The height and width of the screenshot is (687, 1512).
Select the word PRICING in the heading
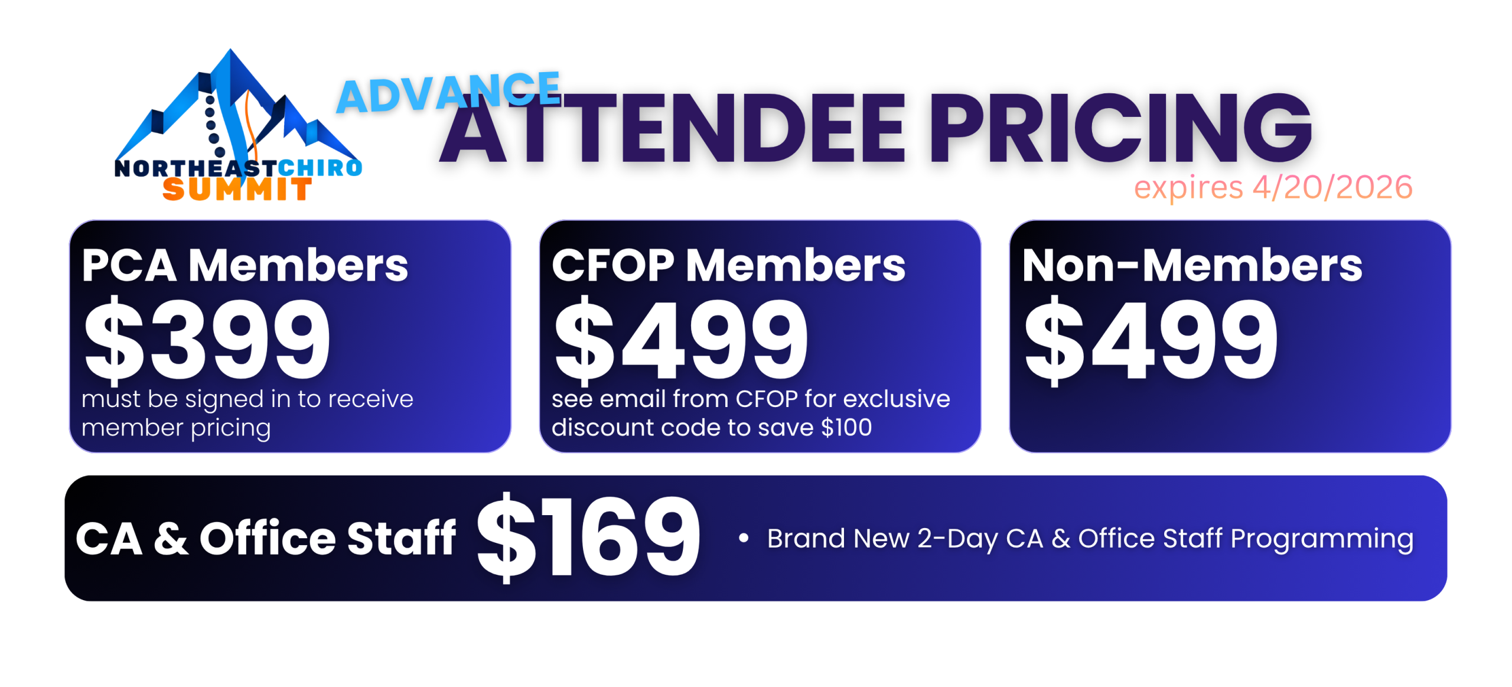1121,128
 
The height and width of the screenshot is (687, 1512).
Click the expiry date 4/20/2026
1332,187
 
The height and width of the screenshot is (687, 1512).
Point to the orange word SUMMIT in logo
237,190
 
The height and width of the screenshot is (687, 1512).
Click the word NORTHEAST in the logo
195,168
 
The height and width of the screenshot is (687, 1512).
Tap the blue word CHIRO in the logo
320,168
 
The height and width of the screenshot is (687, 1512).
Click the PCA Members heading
245,265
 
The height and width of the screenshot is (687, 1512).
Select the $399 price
207,340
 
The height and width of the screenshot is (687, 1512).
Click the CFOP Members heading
728,265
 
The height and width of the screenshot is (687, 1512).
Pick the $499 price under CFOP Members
681,340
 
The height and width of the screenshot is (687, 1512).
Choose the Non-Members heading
1192,265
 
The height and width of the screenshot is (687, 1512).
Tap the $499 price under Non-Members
1151,340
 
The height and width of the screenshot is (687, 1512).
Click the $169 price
588,538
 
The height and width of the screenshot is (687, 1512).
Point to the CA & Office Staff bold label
266,538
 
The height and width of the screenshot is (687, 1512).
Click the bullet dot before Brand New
744,538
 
